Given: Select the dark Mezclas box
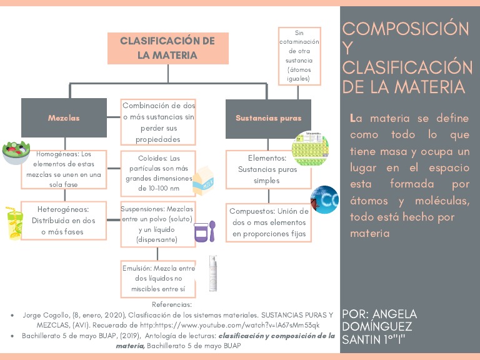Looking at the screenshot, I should tap(64, 117).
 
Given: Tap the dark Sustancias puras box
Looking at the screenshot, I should tap(268, 117).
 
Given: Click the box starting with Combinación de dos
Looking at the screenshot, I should tap(158, 122).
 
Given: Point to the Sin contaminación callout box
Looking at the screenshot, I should tap(299, 56).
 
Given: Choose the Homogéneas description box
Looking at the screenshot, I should tap(64, 165).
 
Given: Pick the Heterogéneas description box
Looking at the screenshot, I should tap(64, 221).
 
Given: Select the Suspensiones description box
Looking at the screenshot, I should tap(157, 222).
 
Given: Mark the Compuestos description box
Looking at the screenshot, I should tap(269, 222).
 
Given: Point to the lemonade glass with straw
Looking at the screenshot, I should tap(16, 222).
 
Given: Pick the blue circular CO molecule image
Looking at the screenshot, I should tap(324, 199).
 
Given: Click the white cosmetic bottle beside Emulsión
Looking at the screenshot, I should tap(214, 273).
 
